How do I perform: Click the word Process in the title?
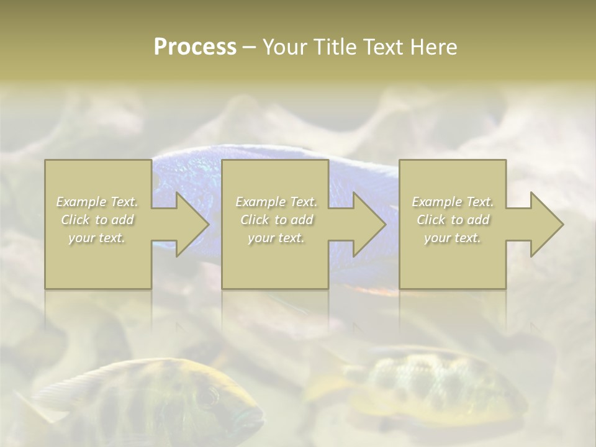[195, 47]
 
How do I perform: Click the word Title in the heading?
[335, 47]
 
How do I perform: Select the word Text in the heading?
[383, 47]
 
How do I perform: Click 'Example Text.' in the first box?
[97, 202]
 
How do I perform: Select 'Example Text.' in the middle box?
[276, 202]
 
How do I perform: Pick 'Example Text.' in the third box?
[453, 202]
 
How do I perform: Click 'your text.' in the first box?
[97, 238]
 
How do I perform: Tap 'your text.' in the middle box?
[276, 238]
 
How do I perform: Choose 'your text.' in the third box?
[453, 238]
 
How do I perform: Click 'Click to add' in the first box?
[97, 220]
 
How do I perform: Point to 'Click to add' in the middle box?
[276, 220]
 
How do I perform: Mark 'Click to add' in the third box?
[453, 220]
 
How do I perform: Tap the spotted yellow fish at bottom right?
[428, 385]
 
